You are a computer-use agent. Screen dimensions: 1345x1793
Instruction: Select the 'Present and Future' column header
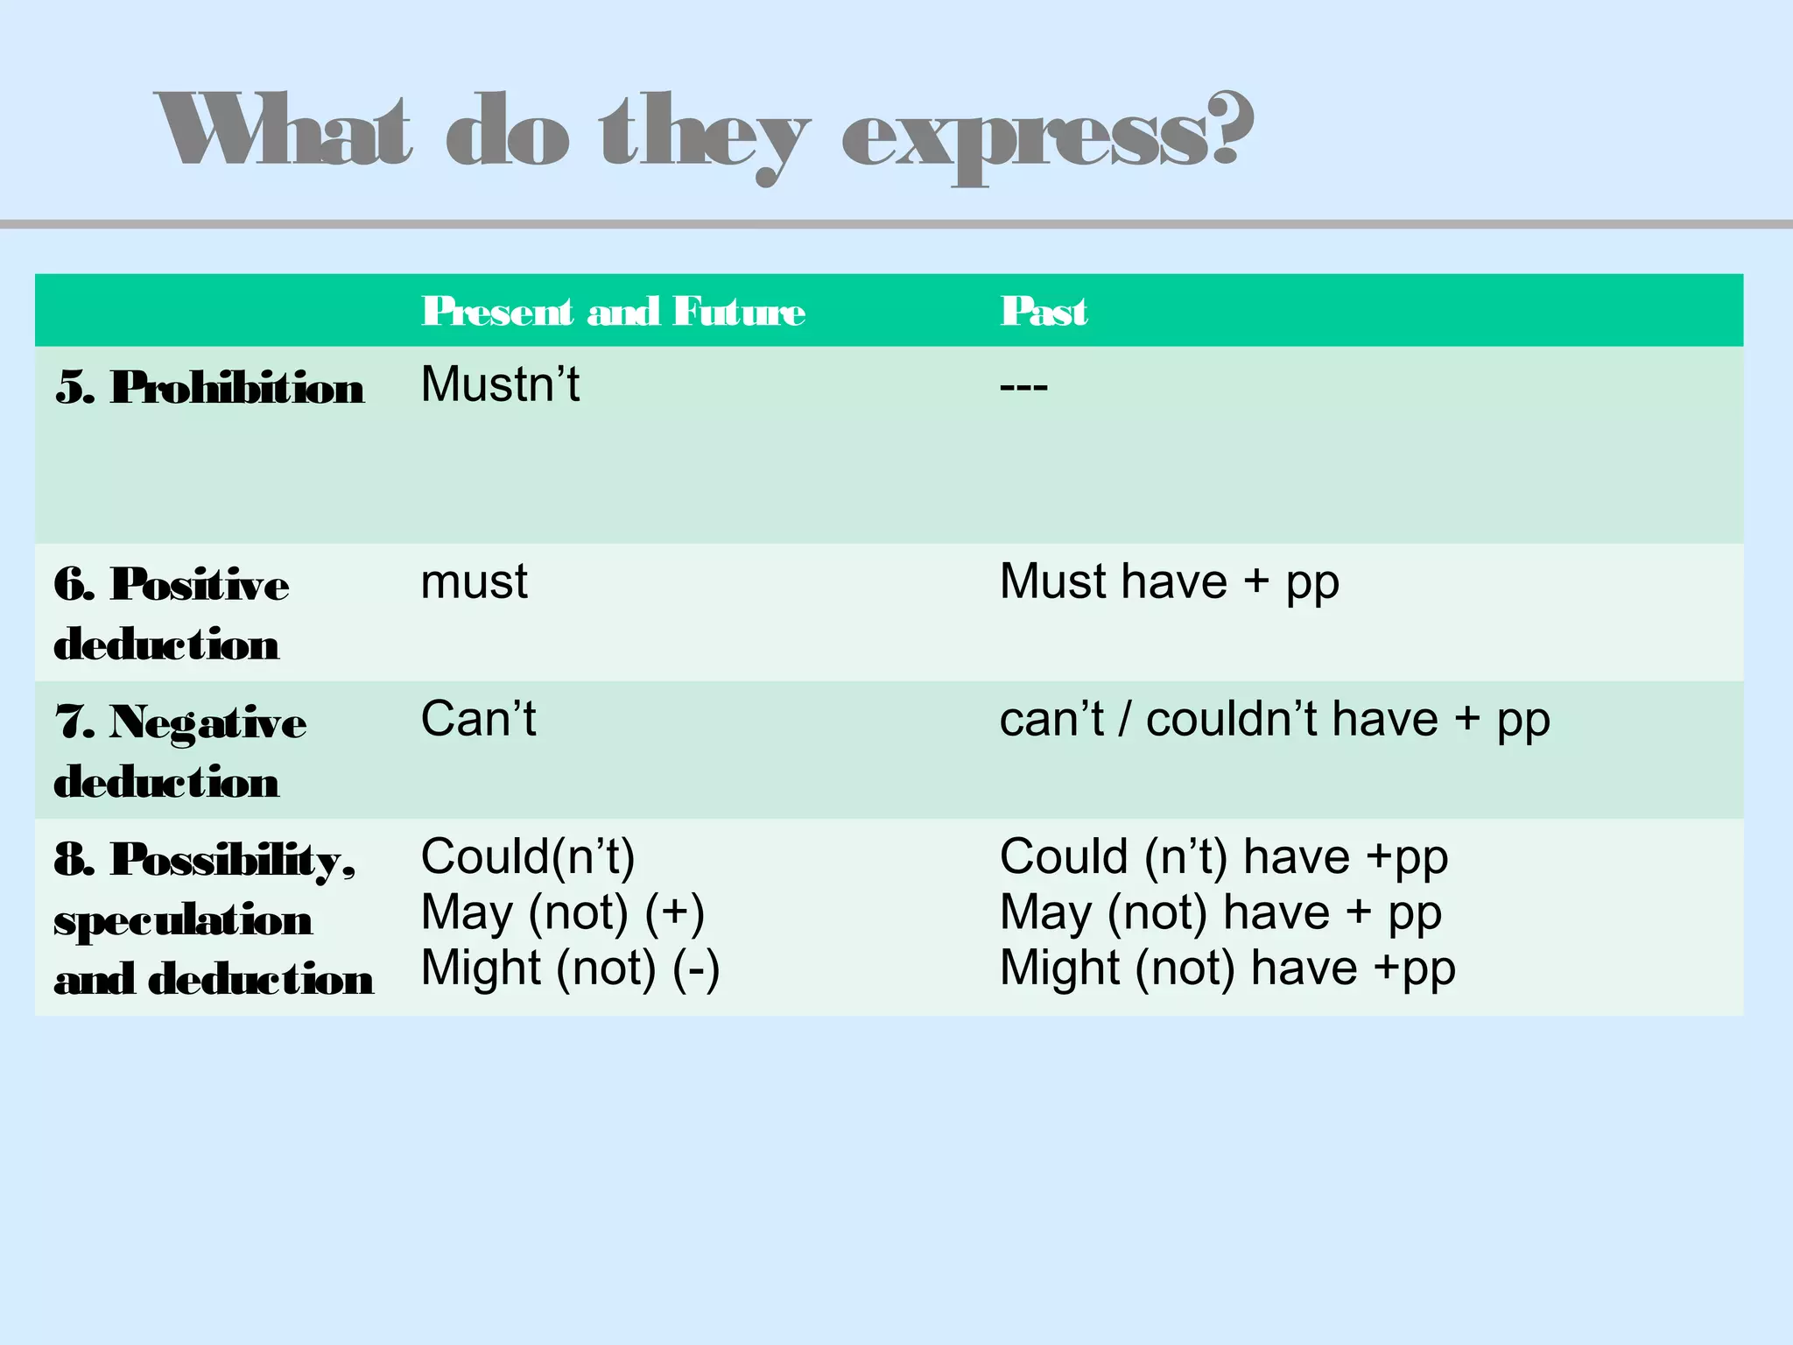click(613, 312)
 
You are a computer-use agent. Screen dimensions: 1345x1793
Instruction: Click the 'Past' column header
click(1044, 312)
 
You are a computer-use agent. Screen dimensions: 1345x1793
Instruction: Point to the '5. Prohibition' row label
click(210, 387)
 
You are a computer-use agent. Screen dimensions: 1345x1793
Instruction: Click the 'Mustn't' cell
click(500, 384)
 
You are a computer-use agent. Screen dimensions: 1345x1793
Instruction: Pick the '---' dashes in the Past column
click(1023, 386)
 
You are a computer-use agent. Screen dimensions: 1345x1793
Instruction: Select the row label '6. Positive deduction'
click(171, 614)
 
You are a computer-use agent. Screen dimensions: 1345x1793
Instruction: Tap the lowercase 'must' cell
click(474, 582)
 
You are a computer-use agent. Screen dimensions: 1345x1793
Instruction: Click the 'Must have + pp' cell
click(1169, 583)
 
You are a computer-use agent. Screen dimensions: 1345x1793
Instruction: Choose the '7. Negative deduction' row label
click(179, 751)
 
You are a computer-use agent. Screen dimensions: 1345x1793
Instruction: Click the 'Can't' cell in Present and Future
click(478, 720)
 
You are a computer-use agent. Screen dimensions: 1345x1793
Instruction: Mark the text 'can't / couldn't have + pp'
click(1274, 721)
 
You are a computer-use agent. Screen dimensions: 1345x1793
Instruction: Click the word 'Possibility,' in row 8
click(233, 860)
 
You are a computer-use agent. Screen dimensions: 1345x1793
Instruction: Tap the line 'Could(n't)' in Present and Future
click(527, 856)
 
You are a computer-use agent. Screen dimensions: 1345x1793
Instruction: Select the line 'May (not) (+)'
click(562, 912)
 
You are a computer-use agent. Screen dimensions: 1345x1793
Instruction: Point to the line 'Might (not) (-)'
click(570, 968)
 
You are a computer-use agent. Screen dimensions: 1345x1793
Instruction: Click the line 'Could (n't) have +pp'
click(1223, 857)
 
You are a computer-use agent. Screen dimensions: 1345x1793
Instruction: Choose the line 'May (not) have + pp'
click(1220, 912)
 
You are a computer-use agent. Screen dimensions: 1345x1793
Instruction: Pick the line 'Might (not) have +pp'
click(1227, 968)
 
